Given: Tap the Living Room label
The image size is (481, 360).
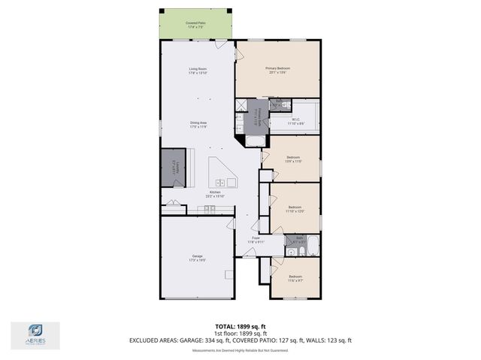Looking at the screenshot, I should [x=198, y=71].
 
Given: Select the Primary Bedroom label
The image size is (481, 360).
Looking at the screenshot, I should [x=277, y=70].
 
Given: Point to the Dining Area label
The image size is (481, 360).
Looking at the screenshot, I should [x=198, y=124].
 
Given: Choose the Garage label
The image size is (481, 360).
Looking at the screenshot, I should [x=198, y=258].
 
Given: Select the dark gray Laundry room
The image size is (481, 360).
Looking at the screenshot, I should [x=173, y=167].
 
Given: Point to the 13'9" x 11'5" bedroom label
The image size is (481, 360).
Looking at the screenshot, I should [x=294, y=159].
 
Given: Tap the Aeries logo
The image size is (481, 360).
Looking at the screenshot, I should [x=35, y=334].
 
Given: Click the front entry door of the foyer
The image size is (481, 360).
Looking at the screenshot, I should [x=248, y=257].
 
